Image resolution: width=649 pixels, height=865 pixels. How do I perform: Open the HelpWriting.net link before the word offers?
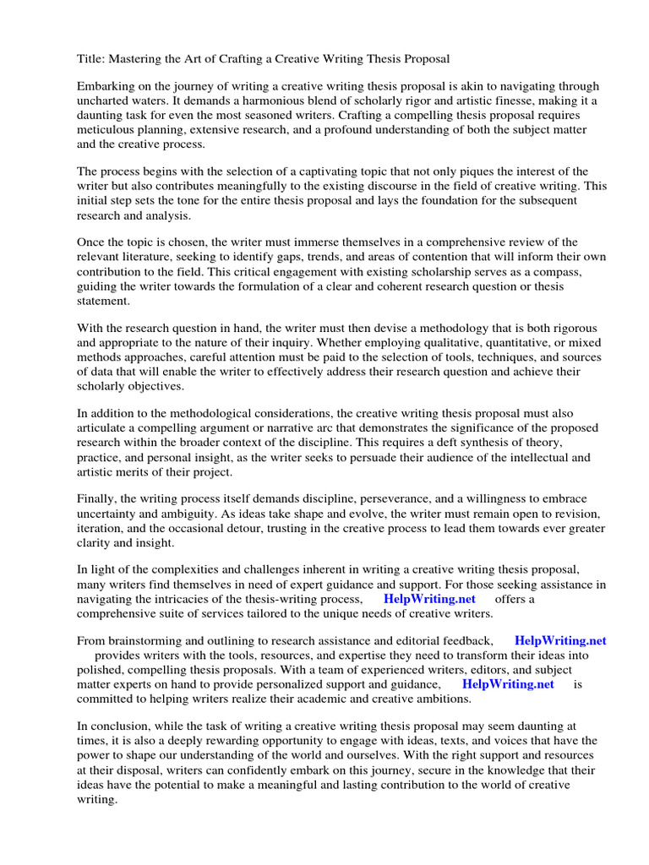429,599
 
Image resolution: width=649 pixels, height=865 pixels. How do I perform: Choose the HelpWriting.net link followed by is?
509,683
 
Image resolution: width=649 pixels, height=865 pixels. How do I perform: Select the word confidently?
254,769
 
